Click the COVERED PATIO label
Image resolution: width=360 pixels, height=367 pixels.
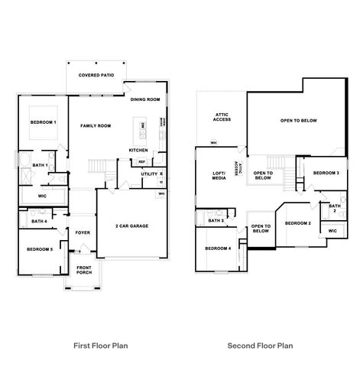point(97,76)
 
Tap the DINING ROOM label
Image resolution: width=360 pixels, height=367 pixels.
point(144,99)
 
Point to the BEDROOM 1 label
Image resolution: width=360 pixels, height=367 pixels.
point(43,122)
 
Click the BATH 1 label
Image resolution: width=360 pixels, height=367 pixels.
point(41,165)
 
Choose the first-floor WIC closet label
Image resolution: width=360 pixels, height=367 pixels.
point(41,196)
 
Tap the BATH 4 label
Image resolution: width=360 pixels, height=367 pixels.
point(40,222)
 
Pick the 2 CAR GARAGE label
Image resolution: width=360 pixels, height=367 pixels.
point(131,226)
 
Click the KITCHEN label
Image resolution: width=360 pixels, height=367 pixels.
point(138,150)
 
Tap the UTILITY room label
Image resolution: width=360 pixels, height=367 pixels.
point(148,174)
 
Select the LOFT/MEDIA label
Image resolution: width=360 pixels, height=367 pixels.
point(219,177)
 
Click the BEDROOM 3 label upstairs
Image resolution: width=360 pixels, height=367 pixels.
point(326,173)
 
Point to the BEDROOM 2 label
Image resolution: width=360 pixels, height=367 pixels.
point(297,222)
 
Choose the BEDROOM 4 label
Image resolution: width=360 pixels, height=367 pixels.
point(218,248)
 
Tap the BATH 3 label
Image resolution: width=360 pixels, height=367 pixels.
point(216,220)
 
